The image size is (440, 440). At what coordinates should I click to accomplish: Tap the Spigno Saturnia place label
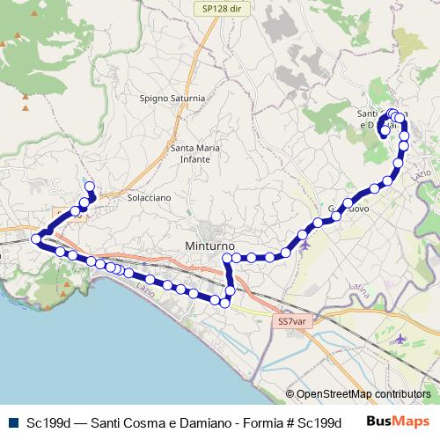pos(172,99)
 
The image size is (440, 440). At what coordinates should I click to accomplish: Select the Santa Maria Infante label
pos(194,153)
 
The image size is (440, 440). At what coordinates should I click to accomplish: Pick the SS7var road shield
pos(291,322)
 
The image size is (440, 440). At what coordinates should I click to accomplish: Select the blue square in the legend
pos(11,422)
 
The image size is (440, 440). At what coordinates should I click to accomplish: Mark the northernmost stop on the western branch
pos(88,186)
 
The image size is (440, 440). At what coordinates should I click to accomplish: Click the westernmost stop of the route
pos(37,238)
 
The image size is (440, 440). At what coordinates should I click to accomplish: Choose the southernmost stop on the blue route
pos(224,304)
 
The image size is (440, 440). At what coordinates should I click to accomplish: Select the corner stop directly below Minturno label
pos(227,258)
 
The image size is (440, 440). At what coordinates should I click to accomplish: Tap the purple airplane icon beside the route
pos(305,246)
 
